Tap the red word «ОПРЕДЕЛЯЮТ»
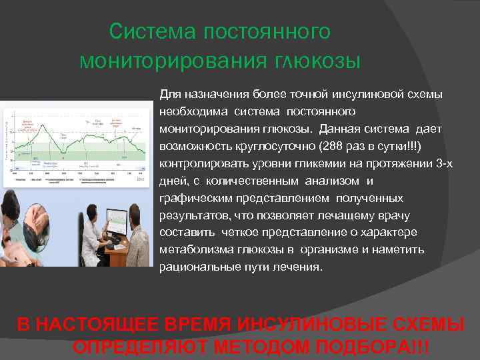pos(133,347)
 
